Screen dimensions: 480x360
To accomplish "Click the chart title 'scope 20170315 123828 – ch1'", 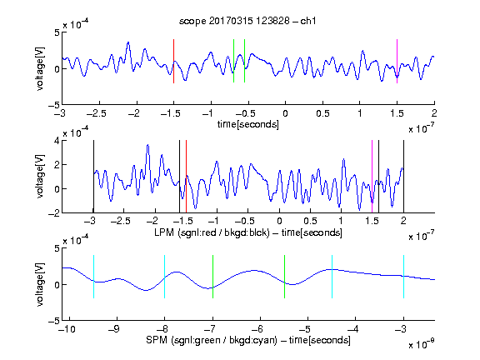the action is [247, 21].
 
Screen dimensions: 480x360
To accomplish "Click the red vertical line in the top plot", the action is [173, 61].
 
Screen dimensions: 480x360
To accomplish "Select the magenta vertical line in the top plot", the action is [397, 61].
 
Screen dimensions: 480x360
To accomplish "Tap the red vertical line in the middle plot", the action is [186, 177].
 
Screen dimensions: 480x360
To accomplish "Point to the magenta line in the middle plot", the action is [372, 177].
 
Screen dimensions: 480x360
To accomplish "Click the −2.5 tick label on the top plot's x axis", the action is [96, 113].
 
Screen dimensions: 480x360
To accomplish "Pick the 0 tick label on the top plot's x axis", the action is [285, 113].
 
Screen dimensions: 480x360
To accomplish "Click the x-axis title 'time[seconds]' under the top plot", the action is [248, 124].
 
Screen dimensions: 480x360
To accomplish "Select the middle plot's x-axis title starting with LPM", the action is [248, 232].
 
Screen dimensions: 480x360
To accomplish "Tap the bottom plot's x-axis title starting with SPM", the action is [248, 340].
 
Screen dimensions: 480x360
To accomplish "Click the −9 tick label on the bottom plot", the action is [114, 329].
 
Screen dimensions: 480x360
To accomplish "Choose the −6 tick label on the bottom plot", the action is [257, 329].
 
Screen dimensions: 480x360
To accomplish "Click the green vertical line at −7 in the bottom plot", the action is [212, 277].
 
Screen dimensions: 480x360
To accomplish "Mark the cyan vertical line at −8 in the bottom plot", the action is [164, 277].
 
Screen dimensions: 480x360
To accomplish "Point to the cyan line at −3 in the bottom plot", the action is [403, 277].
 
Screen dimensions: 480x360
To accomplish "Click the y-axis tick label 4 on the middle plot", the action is [57, 141].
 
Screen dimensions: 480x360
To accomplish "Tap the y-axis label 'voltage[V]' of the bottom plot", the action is [40, 284].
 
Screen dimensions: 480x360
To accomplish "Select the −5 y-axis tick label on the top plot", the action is [54, 105].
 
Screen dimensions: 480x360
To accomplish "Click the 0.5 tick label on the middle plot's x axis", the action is [310, 221].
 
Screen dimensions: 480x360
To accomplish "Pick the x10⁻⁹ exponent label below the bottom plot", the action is [422, 344].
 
